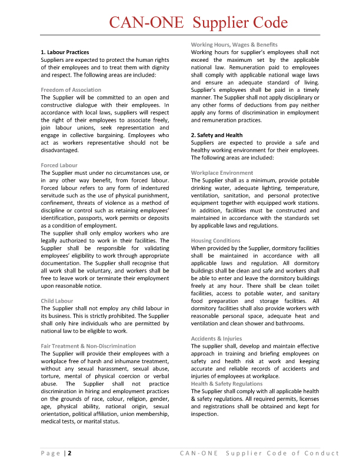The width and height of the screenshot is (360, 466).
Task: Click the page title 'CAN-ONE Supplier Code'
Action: pyautogui.click(x=198, y=23)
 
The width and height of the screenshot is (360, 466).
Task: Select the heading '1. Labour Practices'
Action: pyautogui.click(x=65, y=52)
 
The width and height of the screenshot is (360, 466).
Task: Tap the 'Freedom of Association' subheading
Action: pyautogui.click(x=71, y=90)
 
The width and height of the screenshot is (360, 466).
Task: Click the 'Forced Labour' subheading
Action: pyautogui.click(x=59, y=165)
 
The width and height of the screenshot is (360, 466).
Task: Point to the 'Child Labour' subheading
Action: pyautogui.click(x=57, y=301)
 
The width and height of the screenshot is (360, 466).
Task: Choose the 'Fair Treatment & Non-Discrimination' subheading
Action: pyautogui.click(x=88, y=346)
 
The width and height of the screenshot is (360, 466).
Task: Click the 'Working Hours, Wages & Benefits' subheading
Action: pyautogui.click(x=234, y=45)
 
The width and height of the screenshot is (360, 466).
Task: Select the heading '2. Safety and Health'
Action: pyautogui.click(x=216, y=135)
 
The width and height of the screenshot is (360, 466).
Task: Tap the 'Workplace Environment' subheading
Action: pyautogui.click(x=222, y=173)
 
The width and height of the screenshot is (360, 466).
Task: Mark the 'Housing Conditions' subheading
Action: pyautogui.click(x=216, y=241)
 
